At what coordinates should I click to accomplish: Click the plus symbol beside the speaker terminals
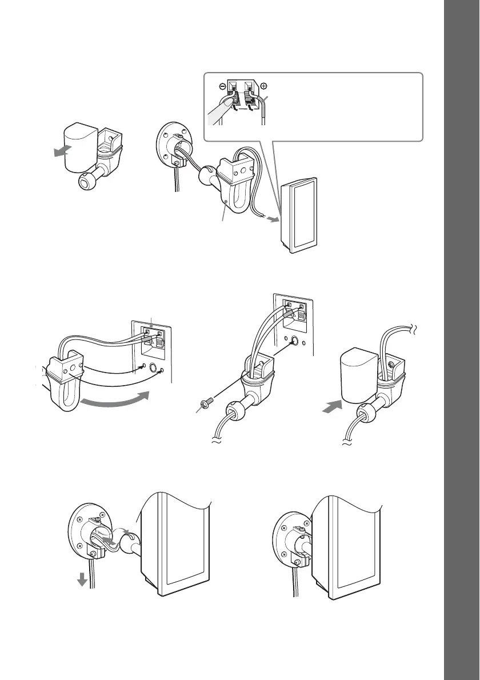point(263,86)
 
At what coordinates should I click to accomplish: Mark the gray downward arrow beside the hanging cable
point(82,579)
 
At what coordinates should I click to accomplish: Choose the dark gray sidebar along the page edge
point(461,340)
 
